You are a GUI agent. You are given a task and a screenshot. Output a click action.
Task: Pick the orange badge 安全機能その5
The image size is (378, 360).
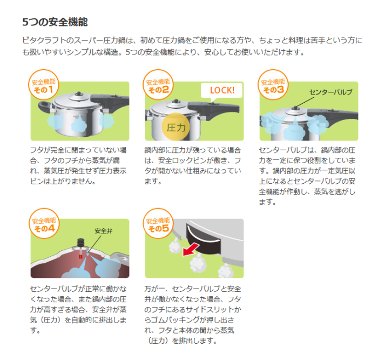[x=158, y=224]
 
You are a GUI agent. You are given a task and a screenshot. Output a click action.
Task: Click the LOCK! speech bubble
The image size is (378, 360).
[x=222, y=90]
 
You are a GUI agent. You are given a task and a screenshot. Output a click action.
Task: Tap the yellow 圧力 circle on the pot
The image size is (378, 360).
[x=177, y=128]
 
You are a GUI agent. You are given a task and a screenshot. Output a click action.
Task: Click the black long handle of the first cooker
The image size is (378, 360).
[x=110, y=101]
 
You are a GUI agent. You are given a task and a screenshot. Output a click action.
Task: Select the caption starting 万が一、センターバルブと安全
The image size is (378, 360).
[x=192, y=314]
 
